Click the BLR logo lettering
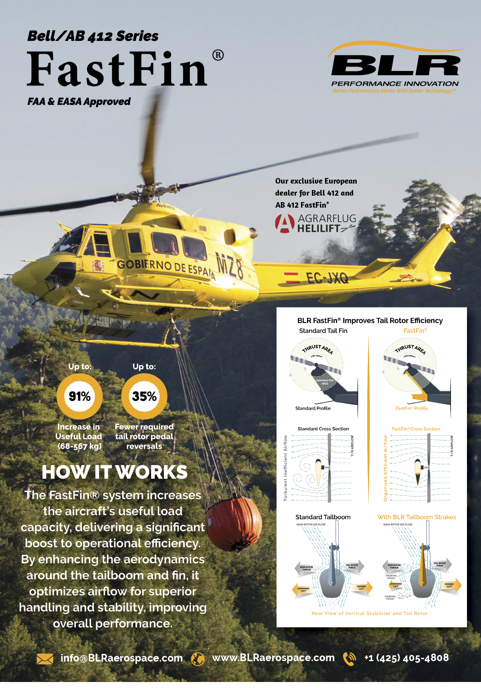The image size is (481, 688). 395,65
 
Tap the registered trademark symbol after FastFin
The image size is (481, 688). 218,55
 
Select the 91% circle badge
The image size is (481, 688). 79,396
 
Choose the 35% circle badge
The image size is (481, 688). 144,396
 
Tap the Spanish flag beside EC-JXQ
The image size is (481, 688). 291,277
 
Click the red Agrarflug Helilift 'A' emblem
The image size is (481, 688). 284,223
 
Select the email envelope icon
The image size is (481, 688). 44,658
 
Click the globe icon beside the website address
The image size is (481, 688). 198,658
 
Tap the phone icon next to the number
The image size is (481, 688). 350,658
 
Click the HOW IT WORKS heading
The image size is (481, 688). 115,472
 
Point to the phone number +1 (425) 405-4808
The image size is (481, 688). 406,658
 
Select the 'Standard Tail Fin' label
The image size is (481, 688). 323,331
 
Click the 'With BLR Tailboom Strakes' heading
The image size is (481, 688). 416,517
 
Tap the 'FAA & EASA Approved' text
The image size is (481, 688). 79,101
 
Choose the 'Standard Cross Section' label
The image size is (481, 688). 323,429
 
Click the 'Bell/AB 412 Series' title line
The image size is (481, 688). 93,36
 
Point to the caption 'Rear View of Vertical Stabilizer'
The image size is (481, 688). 369,613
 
